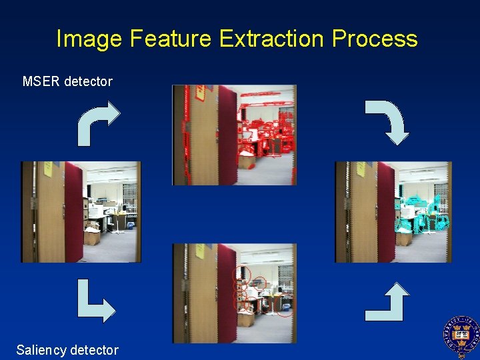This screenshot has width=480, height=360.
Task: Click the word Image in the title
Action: point(89,39)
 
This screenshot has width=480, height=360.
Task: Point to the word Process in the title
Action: point(375,39)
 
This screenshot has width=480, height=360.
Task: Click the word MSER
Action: point(41,81)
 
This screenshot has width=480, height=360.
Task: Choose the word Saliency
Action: point(41,349)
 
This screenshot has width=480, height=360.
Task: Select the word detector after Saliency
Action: point(94,349)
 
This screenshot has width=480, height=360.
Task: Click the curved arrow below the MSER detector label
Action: point(97,123)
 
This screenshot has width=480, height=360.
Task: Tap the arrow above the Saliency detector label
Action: point(95,302)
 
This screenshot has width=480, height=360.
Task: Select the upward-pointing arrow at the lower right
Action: point(388,301)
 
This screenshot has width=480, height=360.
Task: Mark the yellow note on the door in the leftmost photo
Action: point(49,170)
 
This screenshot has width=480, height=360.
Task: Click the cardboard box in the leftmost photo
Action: point(91,235)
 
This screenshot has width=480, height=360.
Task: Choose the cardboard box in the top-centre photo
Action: point(246,160)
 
